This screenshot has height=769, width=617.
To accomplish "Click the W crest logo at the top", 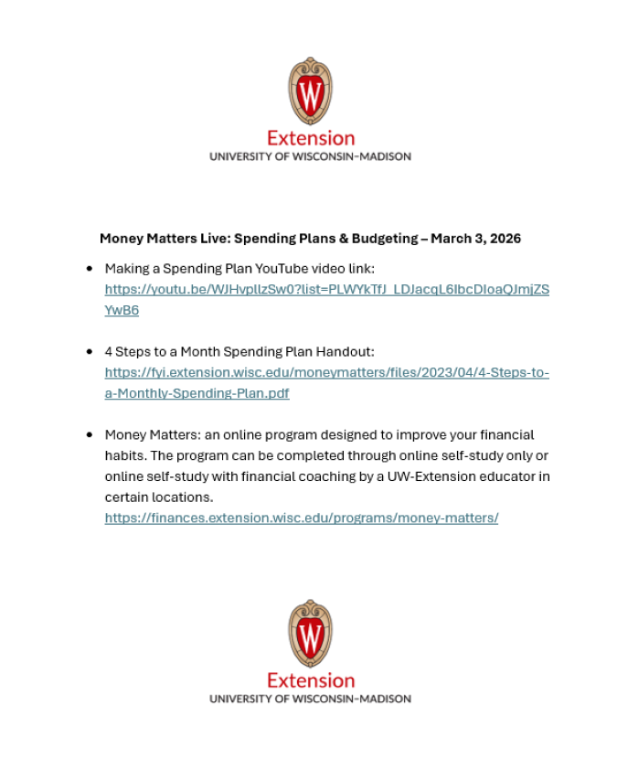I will pyautogui.click(x=310, y=91).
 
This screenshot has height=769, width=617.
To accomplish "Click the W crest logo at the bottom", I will pyautogui.click(x=310, y=633).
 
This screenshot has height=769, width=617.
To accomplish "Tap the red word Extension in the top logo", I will pyautogui.click(x=311, y=138).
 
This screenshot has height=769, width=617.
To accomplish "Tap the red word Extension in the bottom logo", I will pyautogui.click(x=311, y=680).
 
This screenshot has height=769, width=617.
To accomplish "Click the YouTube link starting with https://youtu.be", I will pyautogui.click(x=326, y=290).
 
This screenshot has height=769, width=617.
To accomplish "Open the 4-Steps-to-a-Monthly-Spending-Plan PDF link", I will pyautogui.click(x=326, y=373).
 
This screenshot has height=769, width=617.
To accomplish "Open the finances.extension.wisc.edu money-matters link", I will pyautogui.click(x=301, y=518).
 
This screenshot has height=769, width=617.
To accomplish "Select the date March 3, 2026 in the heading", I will pyautogui.click(x=475, y=239).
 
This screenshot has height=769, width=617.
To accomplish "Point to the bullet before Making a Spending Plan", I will pyautogui.click(x=90, y=269).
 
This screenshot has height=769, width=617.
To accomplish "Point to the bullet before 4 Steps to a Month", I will pyautogui.click(x=90, y=351).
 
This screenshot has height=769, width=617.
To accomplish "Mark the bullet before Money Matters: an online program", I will pyautogui.click(x=90, y=434).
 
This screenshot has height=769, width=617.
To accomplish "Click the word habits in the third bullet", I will pyautogui.click(x=124, y=455).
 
